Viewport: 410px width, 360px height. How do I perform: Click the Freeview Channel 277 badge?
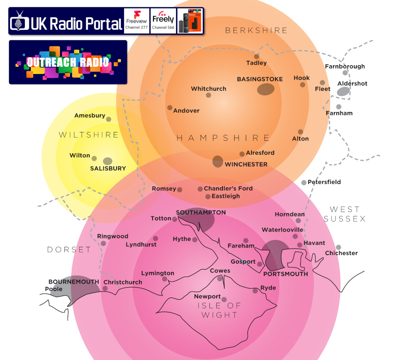137,21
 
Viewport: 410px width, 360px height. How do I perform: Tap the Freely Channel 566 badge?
163,21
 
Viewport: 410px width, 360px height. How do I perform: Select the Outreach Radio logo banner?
68,62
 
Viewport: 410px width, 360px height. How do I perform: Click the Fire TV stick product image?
190,21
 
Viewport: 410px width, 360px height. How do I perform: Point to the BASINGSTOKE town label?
260,79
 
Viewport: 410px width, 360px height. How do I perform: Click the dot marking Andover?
170,108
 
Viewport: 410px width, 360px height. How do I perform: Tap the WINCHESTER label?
246,164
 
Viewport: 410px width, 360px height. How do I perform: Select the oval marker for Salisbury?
108,161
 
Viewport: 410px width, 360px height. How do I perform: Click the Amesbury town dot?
109,119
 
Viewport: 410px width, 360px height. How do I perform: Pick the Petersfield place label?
324,182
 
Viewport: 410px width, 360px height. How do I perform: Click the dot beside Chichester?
338,247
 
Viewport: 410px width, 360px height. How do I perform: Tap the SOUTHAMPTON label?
201,212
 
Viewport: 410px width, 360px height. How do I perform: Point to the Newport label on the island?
207,296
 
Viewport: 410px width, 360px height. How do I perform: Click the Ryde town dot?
255,291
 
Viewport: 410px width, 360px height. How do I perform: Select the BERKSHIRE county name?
257,30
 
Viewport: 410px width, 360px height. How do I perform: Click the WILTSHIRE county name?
89,135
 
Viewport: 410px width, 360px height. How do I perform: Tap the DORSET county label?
69,250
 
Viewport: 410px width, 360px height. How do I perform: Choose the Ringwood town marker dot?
103,244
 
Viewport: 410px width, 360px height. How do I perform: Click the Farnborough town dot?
345,73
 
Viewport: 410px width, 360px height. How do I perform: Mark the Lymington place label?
158,273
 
